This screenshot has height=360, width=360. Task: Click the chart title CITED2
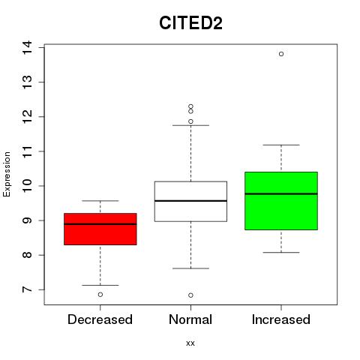190,22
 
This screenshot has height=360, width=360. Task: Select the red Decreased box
100,229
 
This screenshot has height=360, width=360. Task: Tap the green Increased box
281,201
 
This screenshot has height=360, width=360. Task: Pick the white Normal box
190,201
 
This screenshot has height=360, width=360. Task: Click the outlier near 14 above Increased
281,54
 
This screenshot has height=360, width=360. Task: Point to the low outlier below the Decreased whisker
100,295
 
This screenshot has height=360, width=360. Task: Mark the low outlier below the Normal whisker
190,295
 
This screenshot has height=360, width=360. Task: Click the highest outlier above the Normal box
190,106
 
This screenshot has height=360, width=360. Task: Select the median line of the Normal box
190,201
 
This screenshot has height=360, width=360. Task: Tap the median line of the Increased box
281,193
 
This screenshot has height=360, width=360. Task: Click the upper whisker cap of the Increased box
281,145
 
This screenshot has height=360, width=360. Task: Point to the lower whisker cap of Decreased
100,285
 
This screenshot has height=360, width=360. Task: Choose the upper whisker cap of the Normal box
190,125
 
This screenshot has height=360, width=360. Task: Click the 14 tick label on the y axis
27,47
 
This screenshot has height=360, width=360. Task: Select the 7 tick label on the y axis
27,289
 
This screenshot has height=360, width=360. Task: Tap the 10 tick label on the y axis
27,186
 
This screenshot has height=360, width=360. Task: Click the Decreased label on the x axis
100,319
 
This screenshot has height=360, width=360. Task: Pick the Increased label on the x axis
281,319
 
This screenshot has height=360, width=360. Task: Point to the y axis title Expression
7,174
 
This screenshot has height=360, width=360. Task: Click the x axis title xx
190,343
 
